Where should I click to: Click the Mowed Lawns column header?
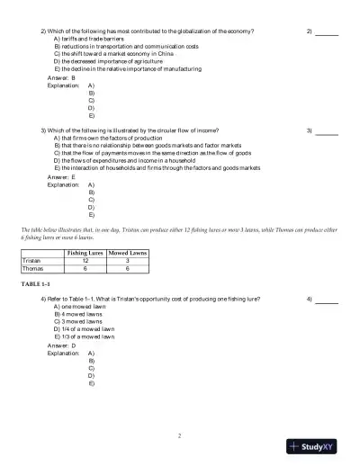128,255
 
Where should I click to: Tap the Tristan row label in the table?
32,261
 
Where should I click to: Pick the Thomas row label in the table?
33,268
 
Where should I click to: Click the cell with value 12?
85,261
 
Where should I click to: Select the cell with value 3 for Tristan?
128,261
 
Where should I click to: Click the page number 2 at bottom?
180,435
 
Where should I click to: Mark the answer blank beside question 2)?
327,33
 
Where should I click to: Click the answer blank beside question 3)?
327,132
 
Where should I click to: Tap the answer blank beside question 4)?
327,299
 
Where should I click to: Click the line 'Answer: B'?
61,78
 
